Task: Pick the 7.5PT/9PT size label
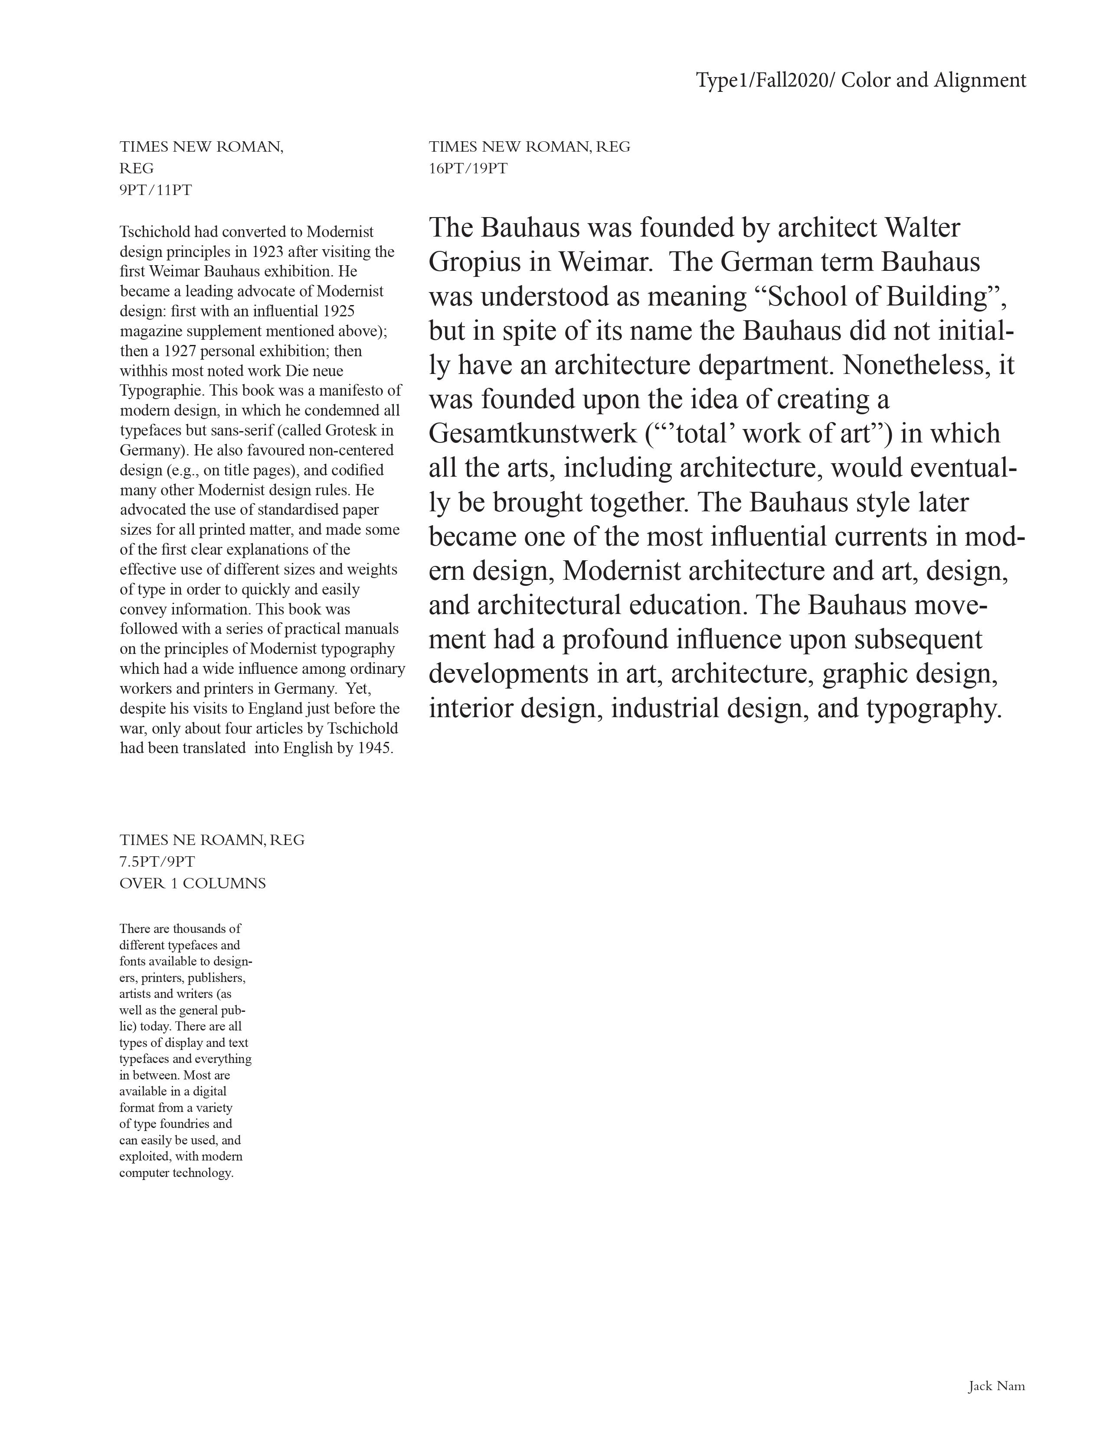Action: [157, 861]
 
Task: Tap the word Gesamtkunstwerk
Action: [533, 435]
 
